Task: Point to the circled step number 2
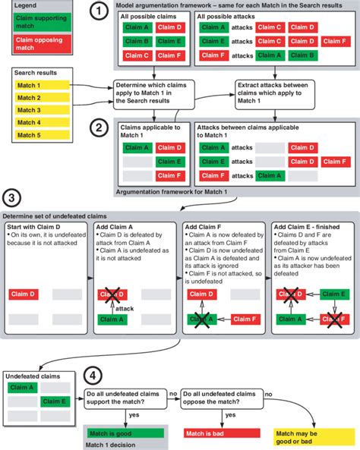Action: pos(99,129)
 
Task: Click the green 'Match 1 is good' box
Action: pos(124,433)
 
